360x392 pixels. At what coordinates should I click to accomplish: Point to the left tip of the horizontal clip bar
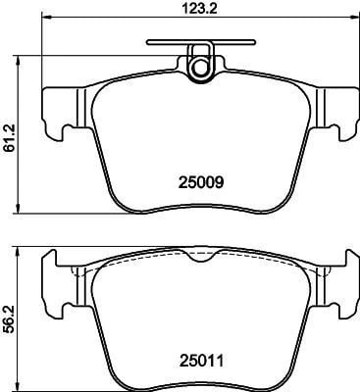coord(147,42)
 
